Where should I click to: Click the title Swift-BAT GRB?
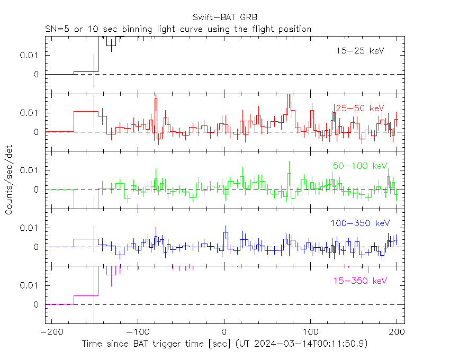tap(224, 18)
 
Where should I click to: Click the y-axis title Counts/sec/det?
tap(9, 181)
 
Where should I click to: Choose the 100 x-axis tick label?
tap(310, 331)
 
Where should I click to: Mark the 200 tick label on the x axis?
tap(397, 331)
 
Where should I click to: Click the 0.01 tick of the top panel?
tap(30, 55)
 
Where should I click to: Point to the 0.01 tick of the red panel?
tap(30, 113)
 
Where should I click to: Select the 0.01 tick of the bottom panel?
tap(30, 285)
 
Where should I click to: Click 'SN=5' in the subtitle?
tap(57, 29)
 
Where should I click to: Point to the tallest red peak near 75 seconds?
tap(289, 96)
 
